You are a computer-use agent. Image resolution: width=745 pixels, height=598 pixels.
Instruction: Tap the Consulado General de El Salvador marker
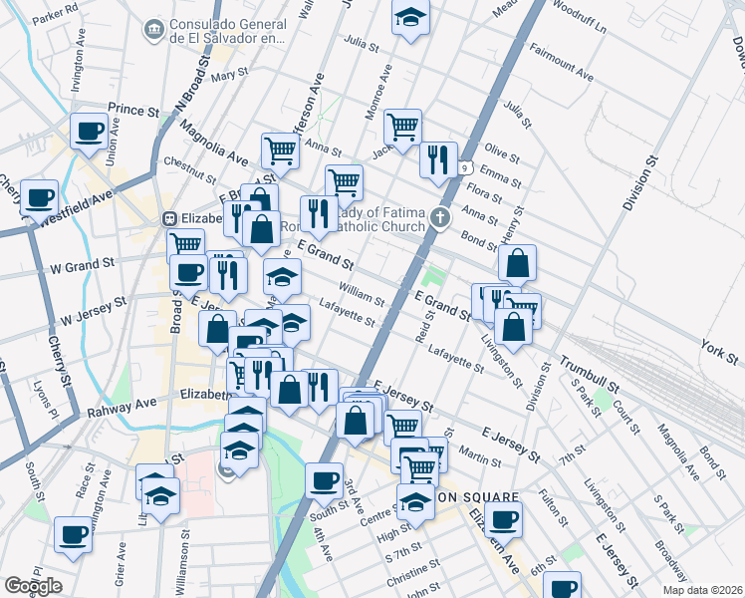[155, 30]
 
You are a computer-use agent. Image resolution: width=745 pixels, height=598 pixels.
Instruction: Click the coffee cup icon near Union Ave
[89, 131]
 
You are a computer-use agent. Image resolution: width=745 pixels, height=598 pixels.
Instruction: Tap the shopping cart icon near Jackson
[402, 127]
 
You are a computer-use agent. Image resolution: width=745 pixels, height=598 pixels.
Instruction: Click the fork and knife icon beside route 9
[438, 159]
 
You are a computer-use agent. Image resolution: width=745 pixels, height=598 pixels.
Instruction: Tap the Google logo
[33, 586]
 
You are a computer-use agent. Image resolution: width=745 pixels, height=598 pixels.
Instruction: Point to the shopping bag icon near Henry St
[518, 264]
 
